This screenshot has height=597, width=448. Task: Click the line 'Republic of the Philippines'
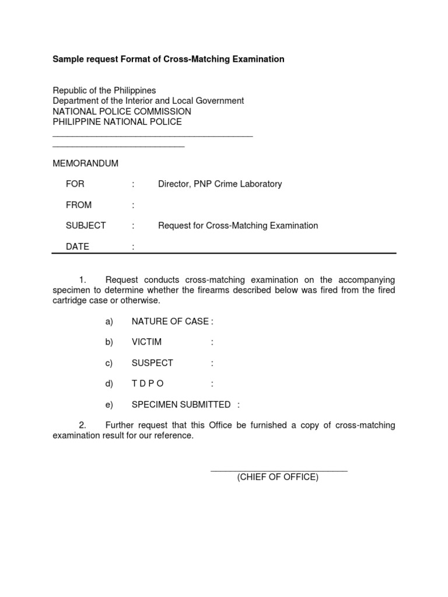coord(104,90)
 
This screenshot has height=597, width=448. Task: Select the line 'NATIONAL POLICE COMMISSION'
coord(122,111)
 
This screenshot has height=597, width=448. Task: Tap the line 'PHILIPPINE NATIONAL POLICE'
coord(117,122)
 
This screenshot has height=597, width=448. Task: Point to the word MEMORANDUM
coord(86,163)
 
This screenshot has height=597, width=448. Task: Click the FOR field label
coord(75,184)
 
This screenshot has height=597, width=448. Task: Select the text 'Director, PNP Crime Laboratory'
coord(220,184)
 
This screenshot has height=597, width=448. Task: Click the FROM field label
coord(79,205)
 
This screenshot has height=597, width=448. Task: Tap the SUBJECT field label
coord(86,226)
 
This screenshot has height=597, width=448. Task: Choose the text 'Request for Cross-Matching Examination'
coord(238,226)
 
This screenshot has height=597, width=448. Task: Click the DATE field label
coord(78,247)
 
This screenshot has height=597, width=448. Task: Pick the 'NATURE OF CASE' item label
coord(170,321)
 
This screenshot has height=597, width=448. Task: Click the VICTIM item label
coord(146,342)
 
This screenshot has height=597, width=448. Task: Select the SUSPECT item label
coord(152,363)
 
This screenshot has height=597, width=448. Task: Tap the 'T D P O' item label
coord(148,384)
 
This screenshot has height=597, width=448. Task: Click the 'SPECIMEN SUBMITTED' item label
coord(181,405)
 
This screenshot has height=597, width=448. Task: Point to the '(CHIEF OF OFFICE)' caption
coord(278,477)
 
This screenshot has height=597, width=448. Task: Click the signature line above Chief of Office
coord(279,470)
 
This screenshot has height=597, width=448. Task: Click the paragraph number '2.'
coord(82,426)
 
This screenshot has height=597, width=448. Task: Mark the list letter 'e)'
coord(109,405)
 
